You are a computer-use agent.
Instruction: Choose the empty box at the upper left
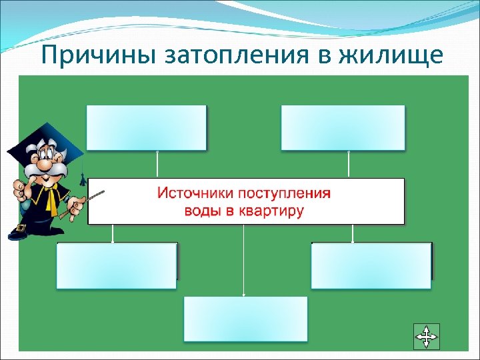click(x=147, y=127)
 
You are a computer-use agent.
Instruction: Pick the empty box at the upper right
click(x=343, y=127)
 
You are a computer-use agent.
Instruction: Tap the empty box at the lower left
click(x=117, y=265)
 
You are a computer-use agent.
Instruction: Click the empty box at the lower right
click(x=371, y=265)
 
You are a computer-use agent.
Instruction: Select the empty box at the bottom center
click(x=245, y=319)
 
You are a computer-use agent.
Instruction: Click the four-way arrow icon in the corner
click(x=426, y=335)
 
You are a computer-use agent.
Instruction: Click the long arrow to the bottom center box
click(x=244, y=260)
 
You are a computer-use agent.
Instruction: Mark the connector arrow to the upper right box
click(x=348, y=164)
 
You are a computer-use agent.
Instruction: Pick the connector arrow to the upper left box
click(x=157, y=164)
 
